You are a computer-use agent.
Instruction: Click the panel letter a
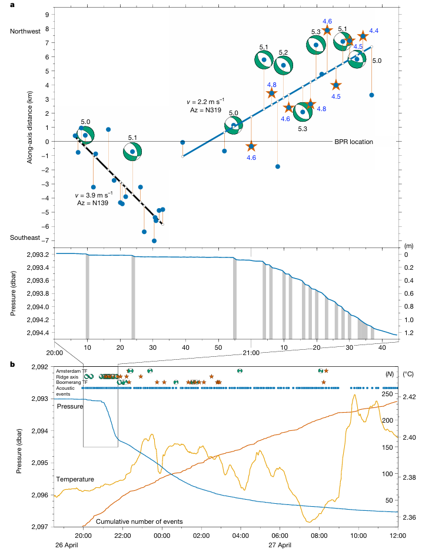pyautogui.click(x=12, y=5)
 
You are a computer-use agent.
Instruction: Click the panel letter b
pyautogui.click(x=12, y=364)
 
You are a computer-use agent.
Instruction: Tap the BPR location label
pyautogui.click(x=353, y=142)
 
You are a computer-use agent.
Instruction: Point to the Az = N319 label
pyautogui.click(x=205, y=110)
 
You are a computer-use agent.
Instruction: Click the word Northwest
pyautogui.click(x=25, y=31)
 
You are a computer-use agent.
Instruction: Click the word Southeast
pyautogui.click(x=25, y=237)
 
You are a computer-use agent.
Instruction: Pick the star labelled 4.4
pyautogui.click(x=363, y=36)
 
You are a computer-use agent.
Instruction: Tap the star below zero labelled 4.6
pyautogui.click(x=251, y=146)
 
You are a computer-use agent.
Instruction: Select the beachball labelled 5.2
pyautogui.click(x=283, y=65)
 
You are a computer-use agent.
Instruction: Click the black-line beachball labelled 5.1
pyautogui.click(x=132, y=152)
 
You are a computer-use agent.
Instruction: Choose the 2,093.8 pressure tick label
pyautogui.click(x=38, y=293)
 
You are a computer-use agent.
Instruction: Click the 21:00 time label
pyautogui.click(x=251, y=353)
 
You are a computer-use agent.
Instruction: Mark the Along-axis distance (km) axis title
pyautogui.click(x=29, y=127)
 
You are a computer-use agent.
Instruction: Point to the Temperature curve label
pyautogui.click(x=75, y=479)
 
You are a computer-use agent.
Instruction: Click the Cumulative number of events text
pyautogui.click(x=139, y=521)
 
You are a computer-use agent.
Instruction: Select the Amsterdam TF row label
pyautogui.click(x=72, y=371)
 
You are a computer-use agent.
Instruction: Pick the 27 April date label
pyautogui.click(x=280, y=545)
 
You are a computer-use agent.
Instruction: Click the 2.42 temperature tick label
pyautogui.click(x=410, y=397)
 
